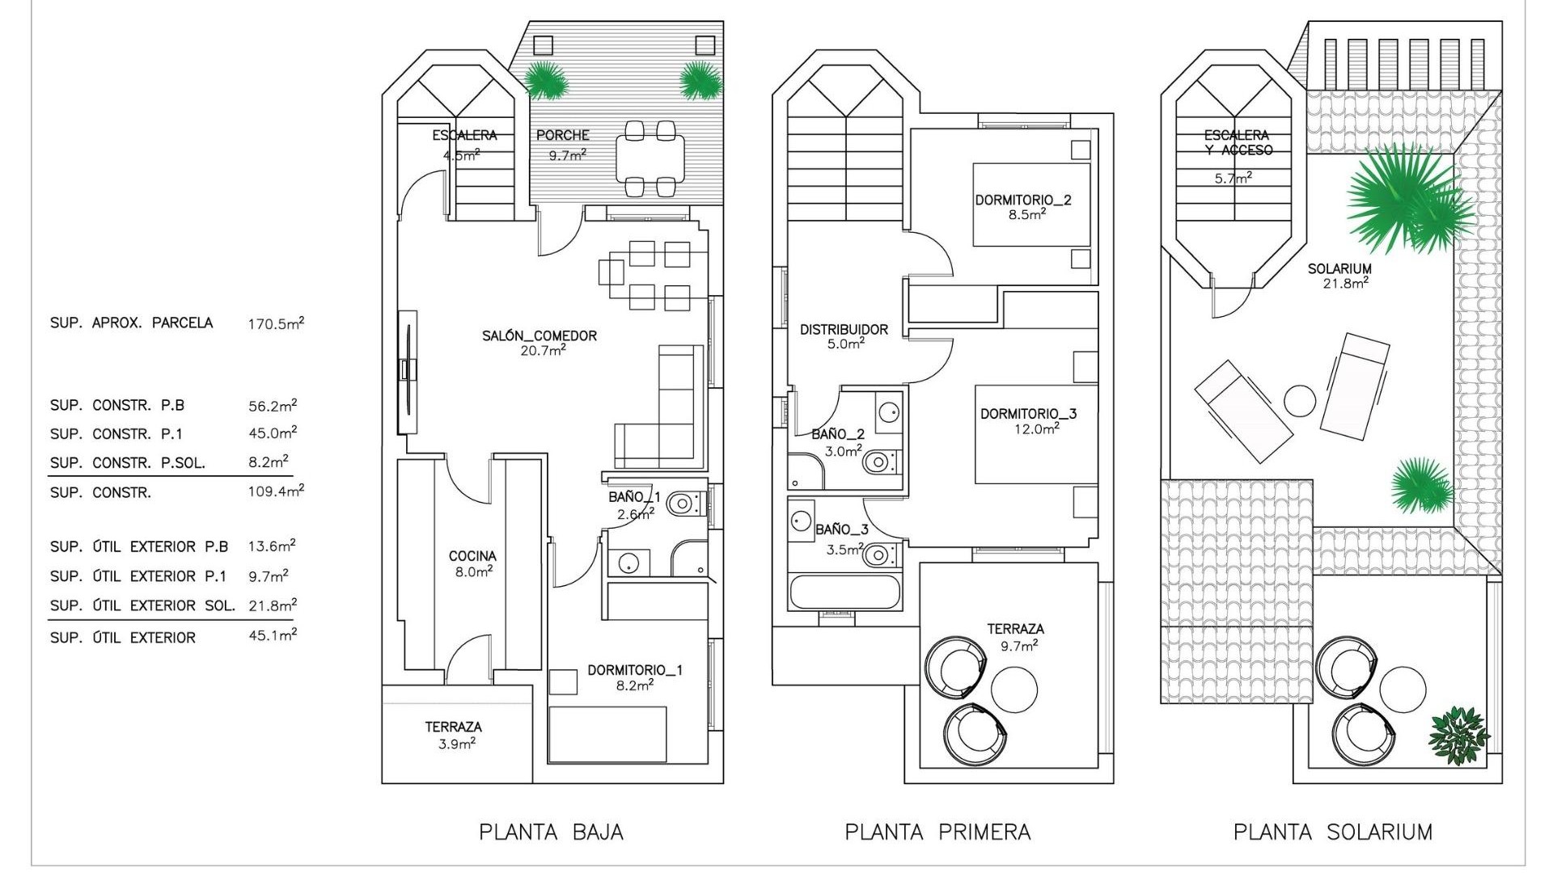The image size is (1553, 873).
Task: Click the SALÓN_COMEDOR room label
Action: (540, 335)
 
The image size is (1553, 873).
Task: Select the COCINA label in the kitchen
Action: (472, 556)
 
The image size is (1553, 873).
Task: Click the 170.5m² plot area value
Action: (276, 324)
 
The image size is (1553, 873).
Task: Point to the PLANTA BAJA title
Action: (551, 832)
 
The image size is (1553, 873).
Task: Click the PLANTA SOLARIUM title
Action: (1332, 832)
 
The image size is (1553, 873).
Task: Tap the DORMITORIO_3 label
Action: (1028, 414)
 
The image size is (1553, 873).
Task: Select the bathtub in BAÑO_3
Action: (844, 593)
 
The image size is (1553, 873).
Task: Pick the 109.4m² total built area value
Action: (276, 491)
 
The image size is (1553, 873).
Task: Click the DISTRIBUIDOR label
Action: (844, 330)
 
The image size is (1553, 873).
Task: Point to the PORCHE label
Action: (563, 135)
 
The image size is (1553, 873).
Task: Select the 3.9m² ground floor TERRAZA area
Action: (456, 744)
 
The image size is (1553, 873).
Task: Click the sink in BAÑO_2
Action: (888, 411)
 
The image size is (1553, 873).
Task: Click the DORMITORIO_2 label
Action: (1022, 200)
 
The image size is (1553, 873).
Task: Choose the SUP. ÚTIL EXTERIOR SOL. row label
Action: (142, 605)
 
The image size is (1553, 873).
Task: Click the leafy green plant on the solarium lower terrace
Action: (1458, 736)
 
